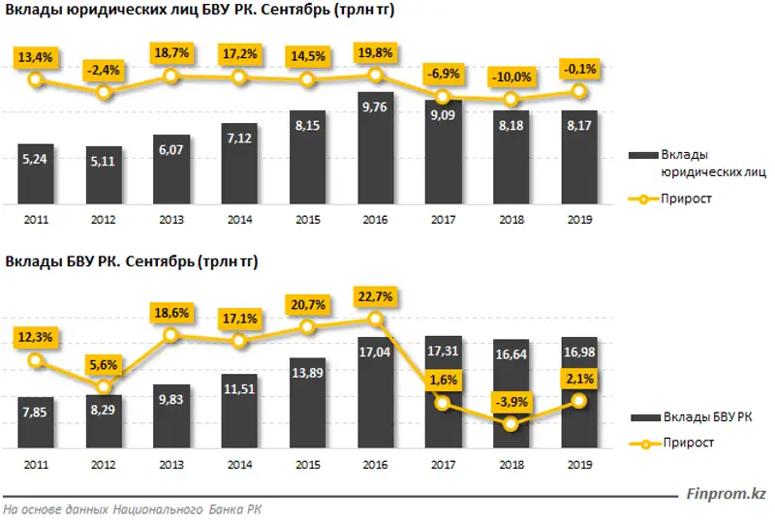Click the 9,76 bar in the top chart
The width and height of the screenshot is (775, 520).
tap(375, 150)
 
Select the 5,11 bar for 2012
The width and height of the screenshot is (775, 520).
tap(104, 176)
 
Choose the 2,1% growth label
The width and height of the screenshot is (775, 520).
tap(578, 377)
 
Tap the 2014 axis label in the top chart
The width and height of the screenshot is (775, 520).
tap(239, 219)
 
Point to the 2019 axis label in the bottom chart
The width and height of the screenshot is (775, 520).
tap(578, 465)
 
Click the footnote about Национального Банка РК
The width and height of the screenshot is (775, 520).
tap(132, 509)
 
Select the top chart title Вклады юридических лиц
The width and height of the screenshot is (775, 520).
tap(200, 12)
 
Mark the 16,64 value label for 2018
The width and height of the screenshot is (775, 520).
tap(511, 354)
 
